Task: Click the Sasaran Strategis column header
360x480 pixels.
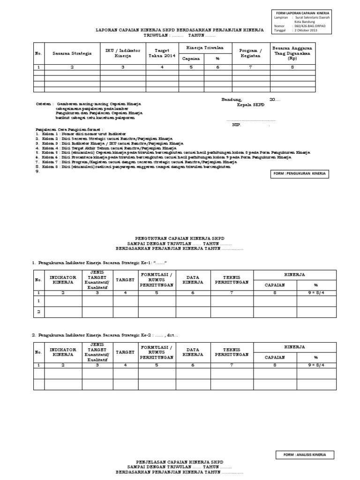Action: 72,53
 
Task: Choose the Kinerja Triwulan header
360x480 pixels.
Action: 205,48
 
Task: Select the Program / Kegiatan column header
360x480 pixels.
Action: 251,53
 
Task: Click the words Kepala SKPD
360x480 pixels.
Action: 251,105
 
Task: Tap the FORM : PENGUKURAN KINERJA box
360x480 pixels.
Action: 300,174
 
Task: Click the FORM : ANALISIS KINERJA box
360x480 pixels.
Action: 304,455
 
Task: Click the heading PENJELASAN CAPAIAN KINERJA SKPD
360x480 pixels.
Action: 180,461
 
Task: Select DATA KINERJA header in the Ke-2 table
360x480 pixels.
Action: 193,352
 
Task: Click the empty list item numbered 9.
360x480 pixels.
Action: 38,172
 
